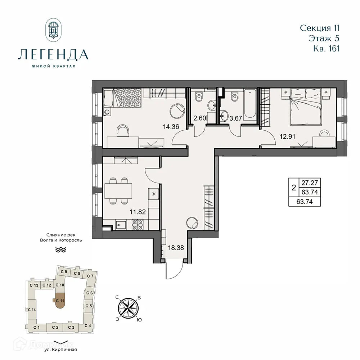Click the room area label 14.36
pyautogui.click(x=171, y=127)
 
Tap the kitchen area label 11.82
pyautogui.click(x=138, y=212)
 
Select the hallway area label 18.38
pyautogui.click(x=175, y=247)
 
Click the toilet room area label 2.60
pyautogui.click(x=199, y=117)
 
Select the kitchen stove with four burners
pyautogui.click(x=138, y=225)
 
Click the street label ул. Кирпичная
pyautogui.click(x=60, y=349)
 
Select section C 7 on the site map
pyautogui.click(x=90, y=276)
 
